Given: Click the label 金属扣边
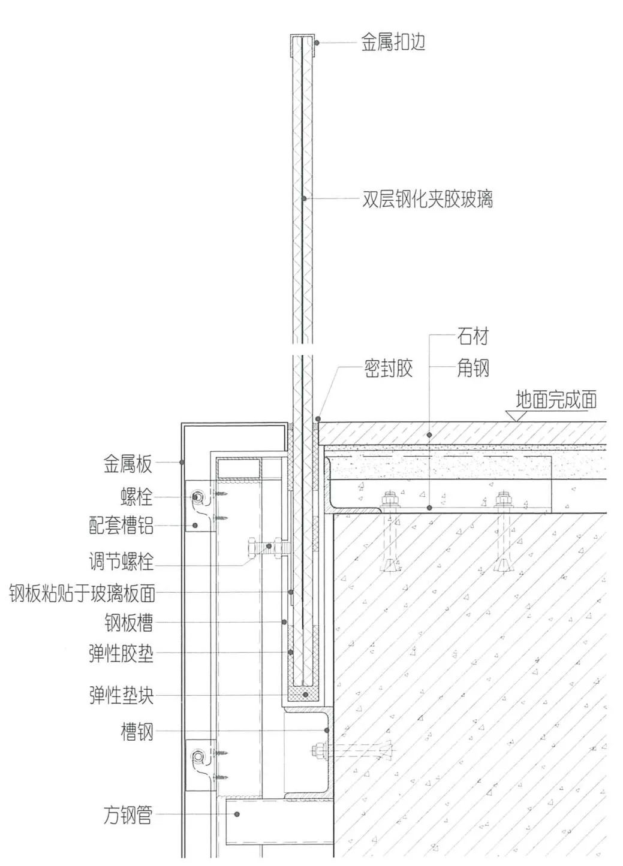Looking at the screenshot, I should pos(393,43).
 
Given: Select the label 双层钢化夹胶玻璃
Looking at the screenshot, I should pos(428,199).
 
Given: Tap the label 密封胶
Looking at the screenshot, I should pos(389,368).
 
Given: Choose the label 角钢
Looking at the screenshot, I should pos(473,368).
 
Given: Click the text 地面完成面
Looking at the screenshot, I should pos(556,399).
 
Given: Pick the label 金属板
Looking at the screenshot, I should pos(128,463).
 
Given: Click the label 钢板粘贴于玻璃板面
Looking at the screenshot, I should pos(82,593).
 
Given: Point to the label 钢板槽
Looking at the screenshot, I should pos(128,623).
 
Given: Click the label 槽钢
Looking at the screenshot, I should pos(137,732).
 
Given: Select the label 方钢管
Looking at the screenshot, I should pos(128,815).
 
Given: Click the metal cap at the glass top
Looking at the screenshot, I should pos(302,39).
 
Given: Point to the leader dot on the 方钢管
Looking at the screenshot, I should pos(237,814).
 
